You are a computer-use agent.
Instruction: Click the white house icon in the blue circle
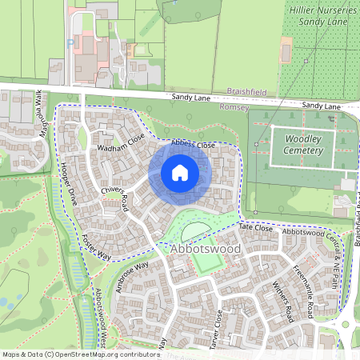click(x=180, y=172)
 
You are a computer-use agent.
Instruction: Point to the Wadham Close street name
click(x=121, y=142)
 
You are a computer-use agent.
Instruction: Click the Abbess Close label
click(x=193, y=145)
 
